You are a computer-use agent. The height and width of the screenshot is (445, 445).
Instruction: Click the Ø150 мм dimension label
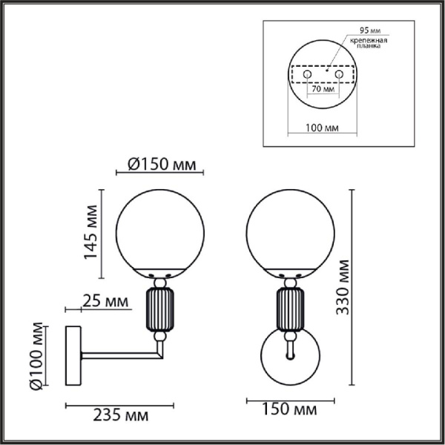pos(162,164)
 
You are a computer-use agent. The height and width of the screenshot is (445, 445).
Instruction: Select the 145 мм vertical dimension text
pos(90,232)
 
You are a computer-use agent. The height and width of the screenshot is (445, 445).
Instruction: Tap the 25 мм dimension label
pos(105,301)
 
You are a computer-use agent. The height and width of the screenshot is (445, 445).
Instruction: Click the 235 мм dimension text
pos(121,416)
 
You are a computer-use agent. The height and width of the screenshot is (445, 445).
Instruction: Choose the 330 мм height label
pos(342,287)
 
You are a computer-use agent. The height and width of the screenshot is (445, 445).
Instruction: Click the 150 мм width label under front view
pos(289,409)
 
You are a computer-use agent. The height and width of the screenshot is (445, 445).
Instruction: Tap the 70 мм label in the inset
pos(323,89)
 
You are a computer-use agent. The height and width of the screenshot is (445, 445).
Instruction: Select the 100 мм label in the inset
pos(322,128)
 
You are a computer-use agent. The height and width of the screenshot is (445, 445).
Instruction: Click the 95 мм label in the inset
pos(370,30)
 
